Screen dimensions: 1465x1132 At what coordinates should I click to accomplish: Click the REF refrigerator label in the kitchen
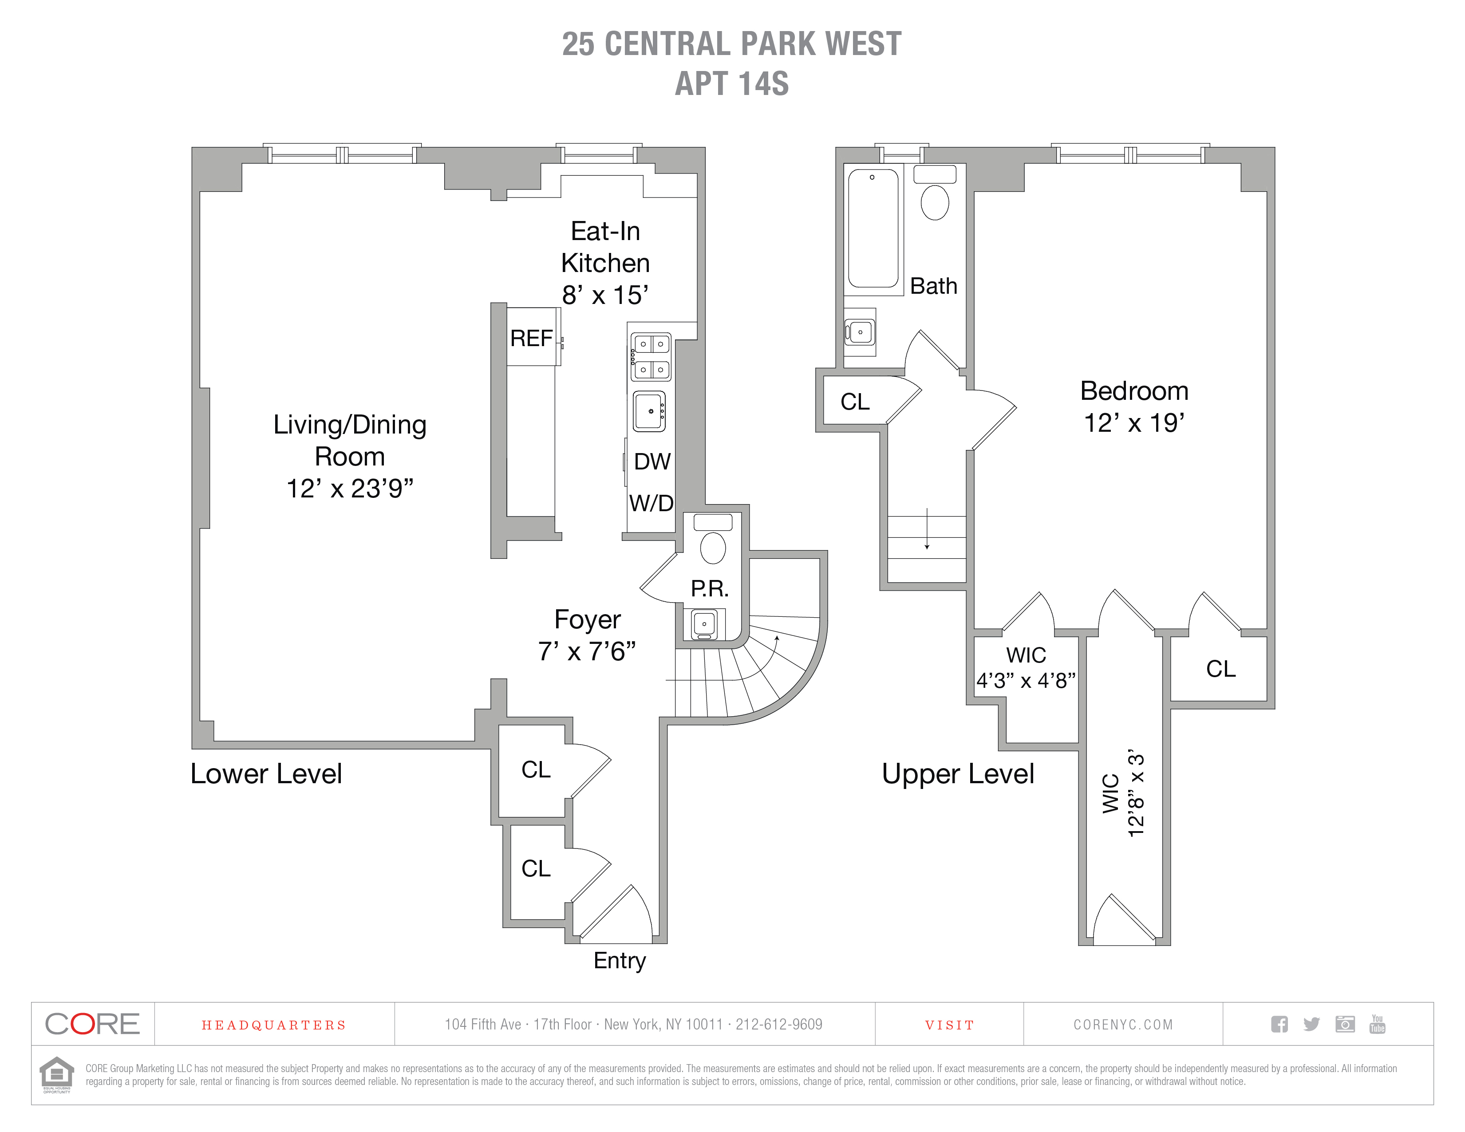pyautogui.click(x=531, y=338)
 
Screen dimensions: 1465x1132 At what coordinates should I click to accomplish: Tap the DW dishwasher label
pyautogui.click(x=652, y=461)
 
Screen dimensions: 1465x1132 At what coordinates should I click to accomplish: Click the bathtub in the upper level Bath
pyautogui.click(x=873, y=229)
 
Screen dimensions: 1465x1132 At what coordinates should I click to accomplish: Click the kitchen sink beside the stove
pyautogui.click(x=649, y=411)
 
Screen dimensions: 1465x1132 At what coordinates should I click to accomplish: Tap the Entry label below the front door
pyautogui.click(x=619, y=960)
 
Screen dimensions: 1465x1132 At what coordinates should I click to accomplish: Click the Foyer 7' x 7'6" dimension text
pyautogui.click(x=587, y=651)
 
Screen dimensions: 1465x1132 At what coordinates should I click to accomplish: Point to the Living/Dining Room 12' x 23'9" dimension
pyautogui.click(x=349, y=488)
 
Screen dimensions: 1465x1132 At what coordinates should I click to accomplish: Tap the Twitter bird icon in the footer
pyautogui.click(x=1311, y=1024)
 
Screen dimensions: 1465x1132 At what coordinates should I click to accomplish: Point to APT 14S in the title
pyautogui.click(x=732, y=84)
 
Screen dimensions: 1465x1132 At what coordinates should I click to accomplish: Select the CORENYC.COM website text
pyautogui.click(x=1123, y=1025)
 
